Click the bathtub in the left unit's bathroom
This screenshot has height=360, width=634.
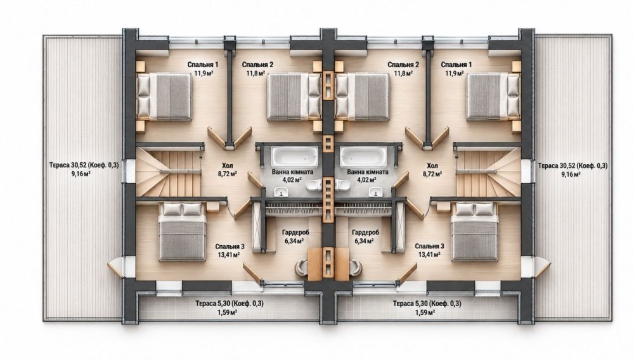(294, 156)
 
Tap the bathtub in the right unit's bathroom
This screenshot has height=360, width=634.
(363, 156)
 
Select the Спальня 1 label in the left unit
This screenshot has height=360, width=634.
(203, 65)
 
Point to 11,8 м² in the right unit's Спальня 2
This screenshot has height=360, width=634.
(403, 74)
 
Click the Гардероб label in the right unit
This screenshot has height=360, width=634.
(365, 233)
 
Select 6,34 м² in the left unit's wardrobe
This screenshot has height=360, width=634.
(295, 241)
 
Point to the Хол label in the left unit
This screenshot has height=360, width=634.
(227, 165)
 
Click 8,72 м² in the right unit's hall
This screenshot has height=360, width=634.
(432, 174)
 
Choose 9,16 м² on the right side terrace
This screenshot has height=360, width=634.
(571, 174)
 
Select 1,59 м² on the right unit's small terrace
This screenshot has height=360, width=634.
(425, 312)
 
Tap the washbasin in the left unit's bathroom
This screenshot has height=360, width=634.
(282, 191)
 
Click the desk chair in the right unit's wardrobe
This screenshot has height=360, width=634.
(356, 267)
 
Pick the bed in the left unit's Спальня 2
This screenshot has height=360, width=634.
(294, 96)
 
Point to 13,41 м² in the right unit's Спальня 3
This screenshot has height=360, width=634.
(429, 255)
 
